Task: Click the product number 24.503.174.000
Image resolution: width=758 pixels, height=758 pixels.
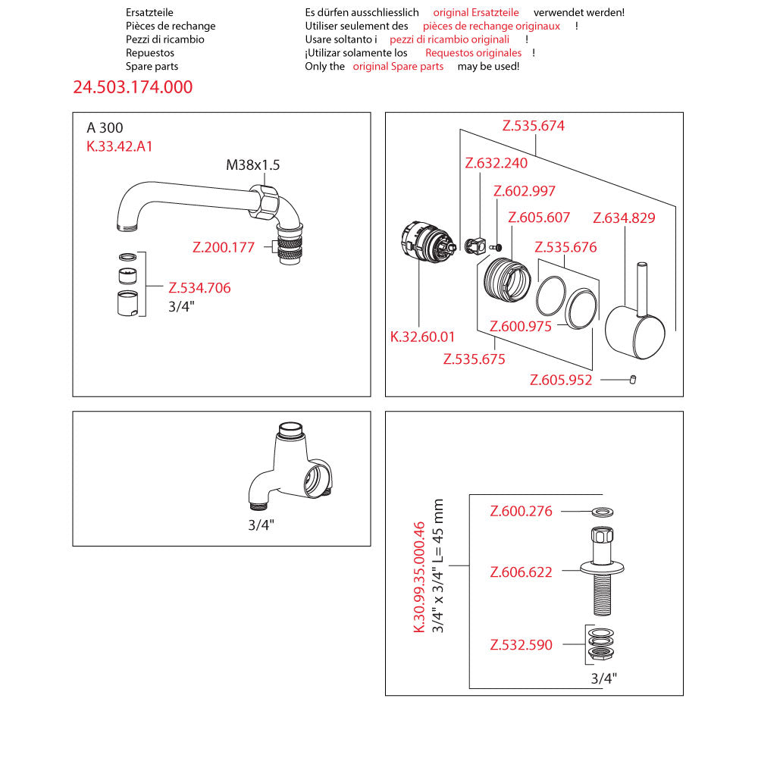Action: click(133, 87)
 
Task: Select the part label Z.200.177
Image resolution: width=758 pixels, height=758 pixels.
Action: click(224, 246)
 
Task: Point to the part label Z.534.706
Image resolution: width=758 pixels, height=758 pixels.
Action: click(199, 288)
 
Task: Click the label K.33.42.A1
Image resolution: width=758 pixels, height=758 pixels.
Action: click(120, 146)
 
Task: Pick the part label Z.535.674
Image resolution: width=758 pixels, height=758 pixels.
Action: click(533, 126)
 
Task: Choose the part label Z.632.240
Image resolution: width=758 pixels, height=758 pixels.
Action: click(496, 162)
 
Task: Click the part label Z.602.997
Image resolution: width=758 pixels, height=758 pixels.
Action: click(524, 191)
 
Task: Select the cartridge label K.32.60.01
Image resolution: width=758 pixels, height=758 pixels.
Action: click(423, 337)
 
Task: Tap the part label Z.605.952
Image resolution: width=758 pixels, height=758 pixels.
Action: click(561, 381)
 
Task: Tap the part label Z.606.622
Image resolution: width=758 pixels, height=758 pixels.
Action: click(522, 572)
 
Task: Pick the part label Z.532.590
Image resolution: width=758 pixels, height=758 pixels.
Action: click(522, 645)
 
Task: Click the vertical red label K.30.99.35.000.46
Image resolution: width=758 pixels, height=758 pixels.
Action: click(418, 577)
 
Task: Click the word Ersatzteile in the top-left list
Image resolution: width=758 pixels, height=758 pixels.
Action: click(149, 12)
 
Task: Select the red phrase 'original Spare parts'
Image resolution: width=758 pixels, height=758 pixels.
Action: click(398, 67)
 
